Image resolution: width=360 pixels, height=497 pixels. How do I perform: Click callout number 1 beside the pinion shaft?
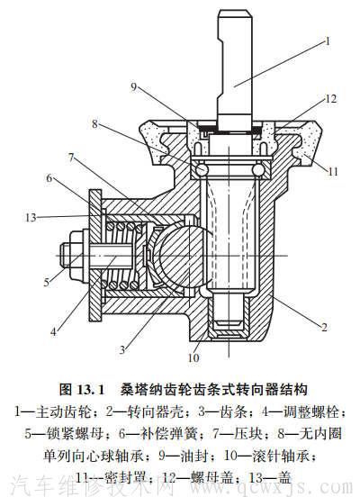coord(328,41)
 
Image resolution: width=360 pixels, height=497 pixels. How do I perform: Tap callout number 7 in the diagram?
coord(69,157)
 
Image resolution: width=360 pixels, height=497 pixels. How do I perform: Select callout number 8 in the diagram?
coord(96,122)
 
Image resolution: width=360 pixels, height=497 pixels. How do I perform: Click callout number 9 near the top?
coord(134,86)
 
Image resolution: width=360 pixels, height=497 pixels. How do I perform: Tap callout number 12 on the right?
coord(331,98)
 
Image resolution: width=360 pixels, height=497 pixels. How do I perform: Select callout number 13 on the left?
coord(31,216)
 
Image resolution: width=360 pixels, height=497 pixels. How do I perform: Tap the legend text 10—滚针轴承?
coord(259,453)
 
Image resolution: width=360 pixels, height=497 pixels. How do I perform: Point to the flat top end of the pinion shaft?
coord(234,13)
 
